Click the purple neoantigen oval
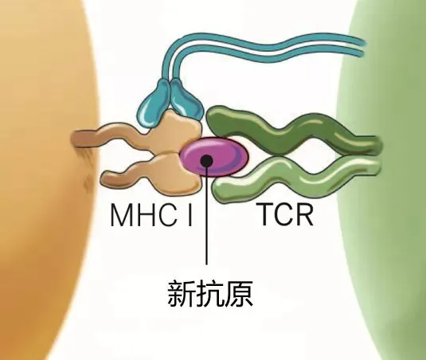214,156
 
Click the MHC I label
151,215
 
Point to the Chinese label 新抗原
209,294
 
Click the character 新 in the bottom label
181,294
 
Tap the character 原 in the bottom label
239,294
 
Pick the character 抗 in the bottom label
209,294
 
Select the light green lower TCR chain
296,179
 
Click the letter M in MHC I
121,215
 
